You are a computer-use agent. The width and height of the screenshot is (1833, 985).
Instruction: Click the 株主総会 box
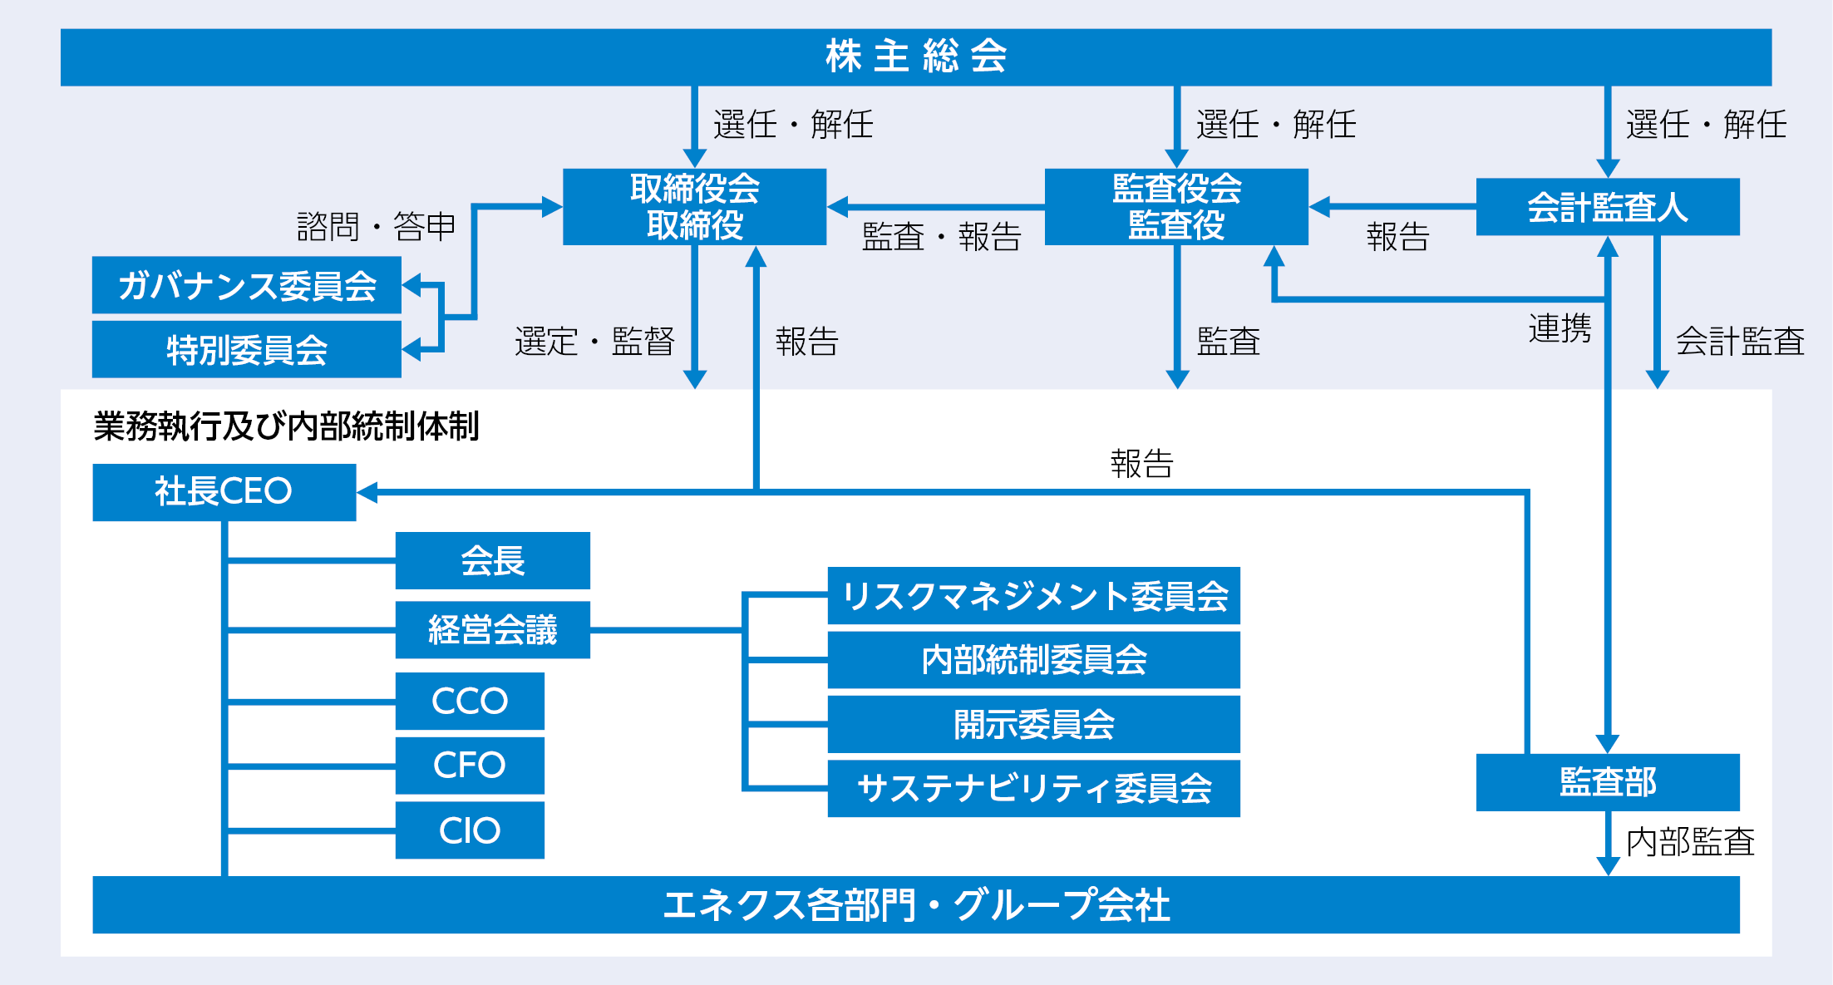[x=916, y=57]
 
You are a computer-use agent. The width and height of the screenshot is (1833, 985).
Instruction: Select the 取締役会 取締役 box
[x=694, y=207]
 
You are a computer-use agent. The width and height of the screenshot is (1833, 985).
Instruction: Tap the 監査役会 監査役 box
[x=1176, y=207]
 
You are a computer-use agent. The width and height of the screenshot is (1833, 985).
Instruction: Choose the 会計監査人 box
[x=1608, y=207]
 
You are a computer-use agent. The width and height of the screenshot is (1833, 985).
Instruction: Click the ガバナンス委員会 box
[x=247, y=285]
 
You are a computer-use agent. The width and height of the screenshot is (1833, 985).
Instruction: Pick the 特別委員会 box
[x=247, y=349]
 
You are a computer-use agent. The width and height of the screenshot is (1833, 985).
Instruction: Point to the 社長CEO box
[x=224, y=492]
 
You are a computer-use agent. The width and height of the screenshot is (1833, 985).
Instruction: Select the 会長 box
[x=493, y=560]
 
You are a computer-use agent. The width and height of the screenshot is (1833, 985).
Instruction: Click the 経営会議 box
[x=493, y=630]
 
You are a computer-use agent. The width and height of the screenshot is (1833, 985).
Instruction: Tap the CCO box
[x=470, y=701]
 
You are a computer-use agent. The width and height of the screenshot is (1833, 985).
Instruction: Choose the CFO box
[x=470, y=766]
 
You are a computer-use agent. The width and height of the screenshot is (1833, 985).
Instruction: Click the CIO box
[x=470, y=830]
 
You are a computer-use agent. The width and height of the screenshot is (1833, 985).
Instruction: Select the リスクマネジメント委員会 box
[x=1034, y=595]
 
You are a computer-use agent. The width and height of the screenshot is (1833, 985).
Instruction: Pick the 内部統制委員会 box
[x=1034, y=660]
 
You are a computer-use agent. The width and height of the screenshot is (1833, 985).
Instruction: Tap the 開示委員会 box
[x=1034, y=724]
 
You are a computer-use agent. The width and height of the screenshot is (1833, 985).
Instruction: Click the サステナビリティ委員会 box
[x=1034, y=788]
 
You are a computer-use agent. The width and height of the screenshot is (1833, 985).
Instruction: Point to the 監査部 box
[x=1608, y=782]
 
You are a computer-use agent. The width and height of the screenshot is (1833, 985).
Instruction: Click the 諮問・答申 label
[x=377, y=226]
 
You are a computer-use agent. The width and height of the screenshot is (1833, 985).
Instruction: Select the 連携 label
[x=1560, y=328]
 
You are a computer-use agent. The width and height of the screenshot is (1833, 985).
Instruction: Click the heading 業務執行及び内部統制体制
[x=286, y=426]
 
